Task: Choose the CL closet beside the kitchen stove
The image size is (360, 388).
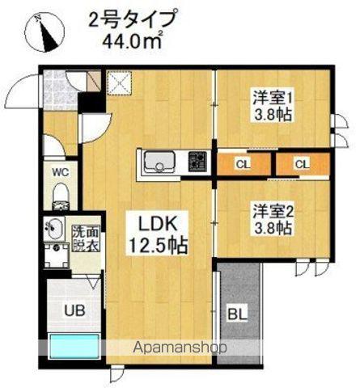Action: tap(244, 164)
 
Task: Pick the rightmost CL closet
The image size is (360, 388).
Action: tap(302, 164)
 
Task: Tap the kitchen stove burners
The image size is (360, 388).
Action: tap(197, 162)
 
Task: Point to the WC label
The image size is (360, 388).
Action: tap(61, 171)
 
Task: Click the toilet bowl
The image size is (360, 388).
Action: tap(60, 194)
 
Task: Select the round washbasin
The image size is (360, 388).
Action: tap(56, 228)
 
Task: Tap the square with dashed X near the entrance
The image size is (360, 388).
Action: tap(120, 82)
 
